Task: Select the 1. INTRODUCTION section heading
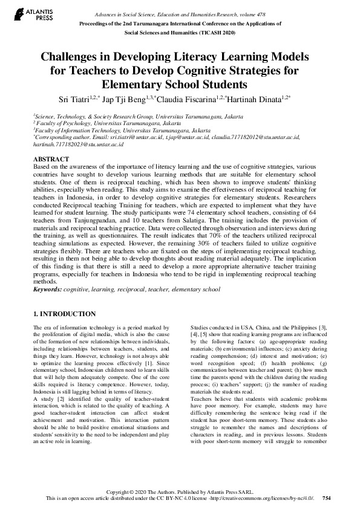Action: (x=64, y=314)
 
